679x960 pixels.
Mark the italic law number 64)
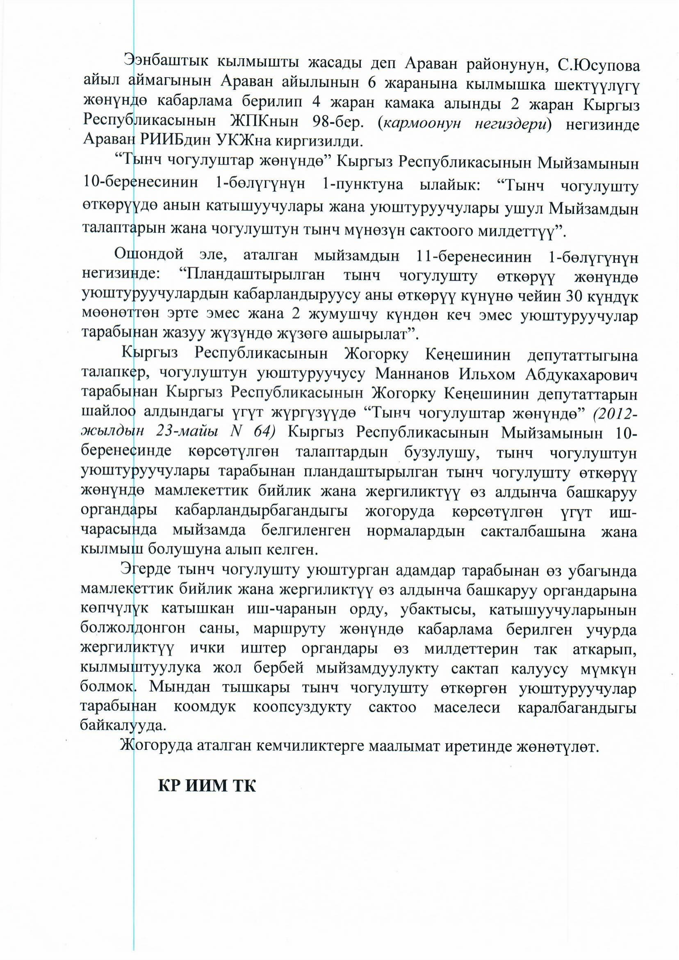tap(264, 431)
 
